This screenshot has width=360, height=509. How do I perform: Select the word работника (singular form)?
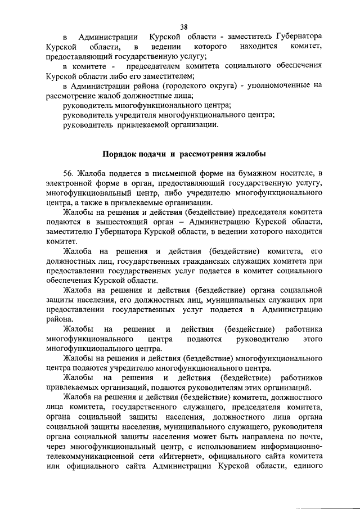pyautogui.click(x=303, y=328)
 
